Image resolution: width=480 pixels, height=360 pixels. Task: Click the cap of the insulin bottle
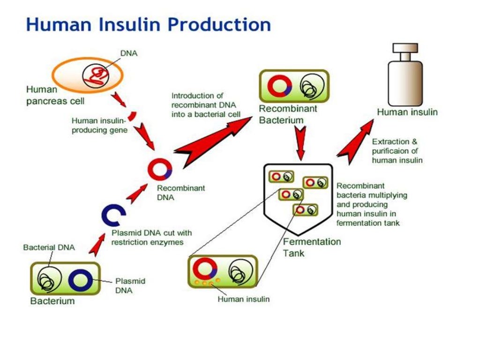(x=406, y=49)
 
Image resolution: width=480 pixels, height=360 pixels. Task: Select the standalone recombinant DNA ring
(x=160, y=169)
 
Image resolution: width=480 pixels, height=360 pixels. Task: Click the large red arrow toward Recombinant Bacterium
(x=211, y=141)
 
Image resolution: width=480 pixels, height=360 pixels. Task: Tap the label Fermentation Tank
(x=312, y=247)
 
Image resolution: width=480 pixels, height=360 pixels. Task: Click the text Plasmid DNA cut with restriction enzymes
(x=151, y=237)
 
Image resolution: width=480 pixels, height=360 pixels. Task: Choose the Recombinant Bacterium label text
(x=288, y=114)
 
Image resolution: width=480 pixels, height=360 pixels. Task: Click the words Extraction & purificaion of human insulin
(x=397, y=150)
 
